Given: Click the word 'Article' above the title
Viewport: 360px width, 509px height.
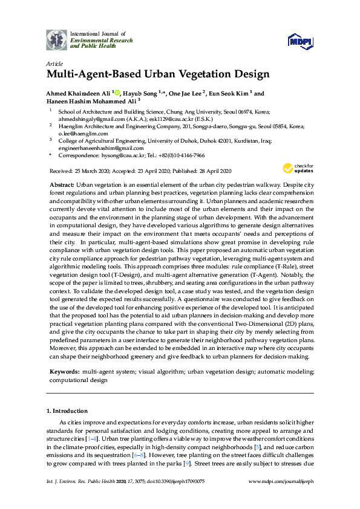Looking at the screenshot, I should tap(54, 63).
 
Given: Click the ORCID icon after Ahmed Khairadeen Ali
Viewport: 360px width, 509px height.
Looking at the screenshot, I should tap(117, 94).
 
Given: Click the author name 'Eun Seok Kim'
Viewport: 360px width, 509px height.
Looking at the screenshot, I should tap(232, 94).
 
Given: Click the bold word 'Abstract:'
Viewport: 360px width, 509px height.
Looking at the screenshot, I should tap(61, 183).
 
